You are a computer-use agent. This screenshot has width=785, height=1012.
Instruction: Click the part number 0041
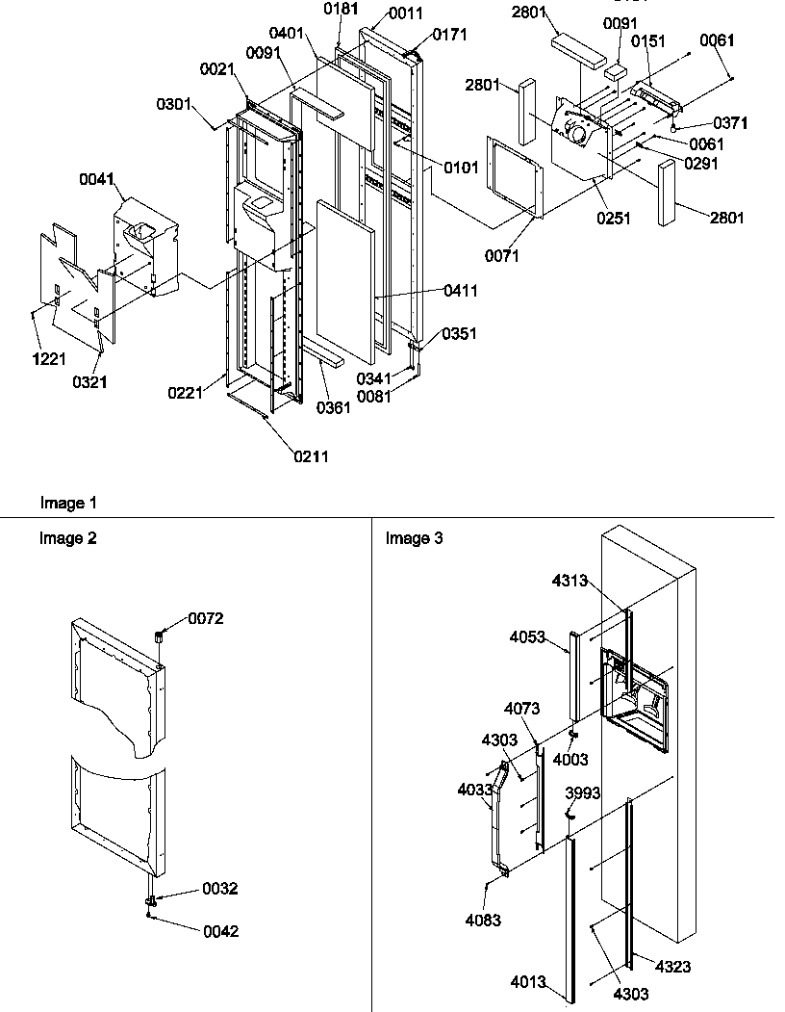[x=97, y=179]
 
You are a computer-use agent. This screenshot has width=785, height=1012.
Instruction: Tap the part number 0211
[x=311, y=456]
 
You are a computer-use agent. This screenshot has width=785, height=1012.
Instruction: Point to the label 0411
[x=461, y=291]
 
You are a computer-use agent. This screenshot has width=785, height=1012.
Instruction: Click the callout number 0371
[x=730, y=123]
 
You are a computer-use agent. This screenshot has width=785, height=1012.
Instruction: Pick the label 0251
[x=613, y=219]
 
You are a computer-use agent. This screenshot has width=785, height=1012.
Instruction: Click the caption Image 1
[x=68, y=503]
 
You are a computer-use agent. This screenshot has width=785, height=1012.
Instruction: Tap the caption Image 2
[x=68, y=538]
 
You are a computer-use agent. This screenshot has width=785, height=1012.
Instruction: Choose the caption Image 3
[x=415, y=538]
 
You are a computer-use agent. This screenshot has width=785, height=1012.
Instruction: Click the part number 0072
[x=206, y=618]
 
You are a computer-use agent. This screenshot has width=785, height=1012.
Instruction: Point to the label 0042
[x=220, y=931]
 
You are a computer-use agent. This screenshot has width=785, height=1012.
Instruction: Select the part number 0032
[x=220, y=889]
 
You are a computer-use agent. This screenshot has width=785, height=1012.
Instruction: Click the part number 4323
[x=673, y=966]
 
